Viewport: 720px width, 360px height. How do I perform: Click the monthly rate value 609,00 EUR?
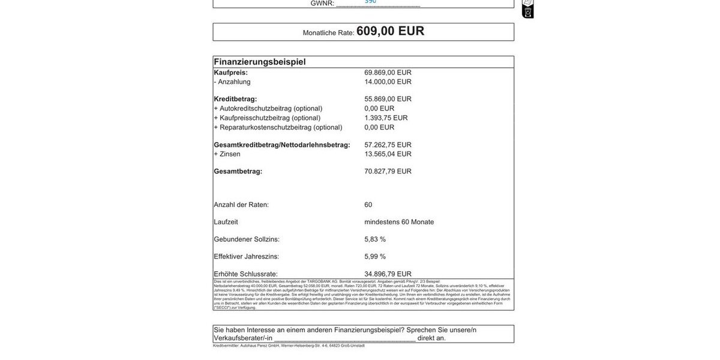coord(390,31)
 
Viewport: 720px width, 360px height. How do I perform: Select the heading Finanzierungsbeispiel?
coord(260,62)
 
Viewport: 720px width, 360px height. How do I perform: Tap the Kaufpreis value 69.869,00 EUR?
coord(388,73)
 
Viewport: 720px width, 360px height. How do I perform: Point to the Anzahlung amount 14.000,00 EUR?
coord(388,82)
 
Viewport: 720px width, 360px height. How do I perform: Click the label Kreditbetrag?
coord(235,99)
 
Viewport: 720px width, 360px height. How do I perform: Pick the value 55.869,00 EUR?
coord(388,99)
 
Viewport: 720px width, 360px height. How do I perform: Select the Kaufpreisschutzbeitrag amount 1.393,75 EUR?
coord(386,118)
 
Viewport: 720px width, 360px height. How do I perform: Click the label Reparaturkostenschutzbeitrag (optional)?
coord(278,127)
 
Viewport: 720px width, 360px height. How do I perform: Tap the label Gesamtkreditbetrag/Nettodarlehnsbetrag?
coord(282,145)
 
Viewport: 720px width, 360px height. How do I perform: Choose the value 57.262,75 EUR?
coord(388,145)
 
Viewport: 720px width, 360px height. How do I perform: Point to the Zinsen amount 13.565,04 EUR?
coord(388,154)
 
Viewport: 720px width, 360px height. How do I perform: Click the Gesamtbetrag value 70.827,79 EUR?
coord(388,172)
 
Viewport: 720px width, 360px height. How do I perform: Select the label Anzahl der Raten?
coord(241,205)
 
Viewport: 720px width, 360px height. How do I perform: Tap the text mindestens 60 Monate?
coord(399,222)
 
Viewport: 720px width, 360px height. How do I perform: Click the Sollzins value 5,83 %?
coord(375,239)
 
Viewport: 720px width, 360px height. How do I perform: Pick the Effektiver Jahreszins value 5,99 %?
coord(375,257)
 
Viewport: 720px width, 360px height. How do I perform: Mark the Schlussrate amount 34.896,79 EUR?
coord(388,274)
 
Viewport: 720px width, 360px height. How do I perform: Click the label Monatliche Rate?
coord(328,33)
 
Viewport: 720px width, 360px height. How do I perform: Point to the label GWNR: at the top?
coord(322,4)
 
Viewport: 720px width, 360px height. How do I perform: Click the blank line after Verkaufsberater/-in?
coord(344,338)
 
